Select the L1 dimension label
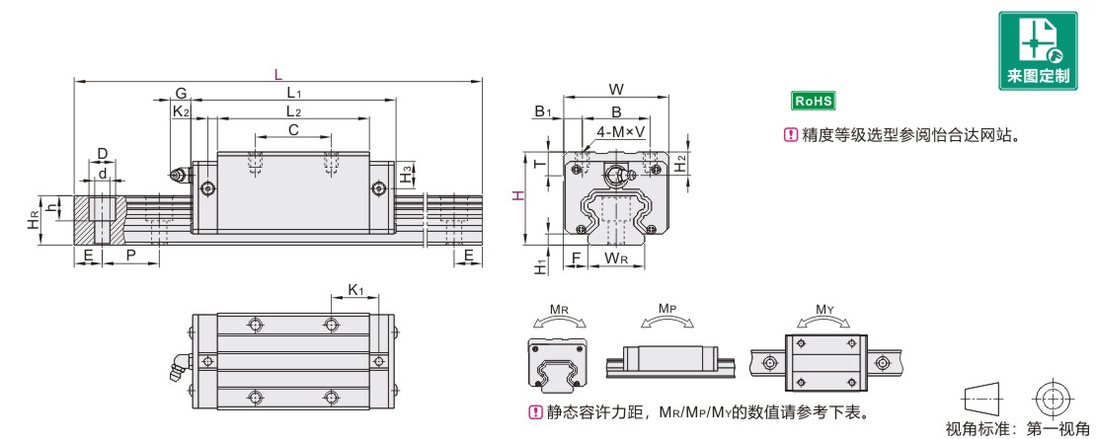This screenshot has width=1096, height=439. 293,93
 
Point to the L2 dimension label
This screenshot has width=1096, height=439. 293,110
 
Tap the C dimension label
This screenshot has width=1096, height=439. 293,129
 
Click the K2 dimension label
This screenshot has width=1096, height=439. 181,111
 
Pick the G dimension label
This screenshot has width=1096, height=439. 181,93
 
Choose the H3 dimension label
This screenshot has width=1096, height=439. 407,176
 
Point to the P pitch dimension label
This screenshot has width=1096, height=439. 129,256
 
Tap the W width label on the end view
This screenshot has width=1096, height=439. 616,90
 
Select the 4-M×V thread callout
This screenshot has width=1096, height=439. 621,131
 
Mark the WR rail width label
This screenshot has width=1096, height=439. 616,258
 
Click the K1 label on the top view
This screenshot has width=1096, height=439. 355,290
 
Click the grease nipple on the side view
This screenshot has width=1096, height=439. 177,177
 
